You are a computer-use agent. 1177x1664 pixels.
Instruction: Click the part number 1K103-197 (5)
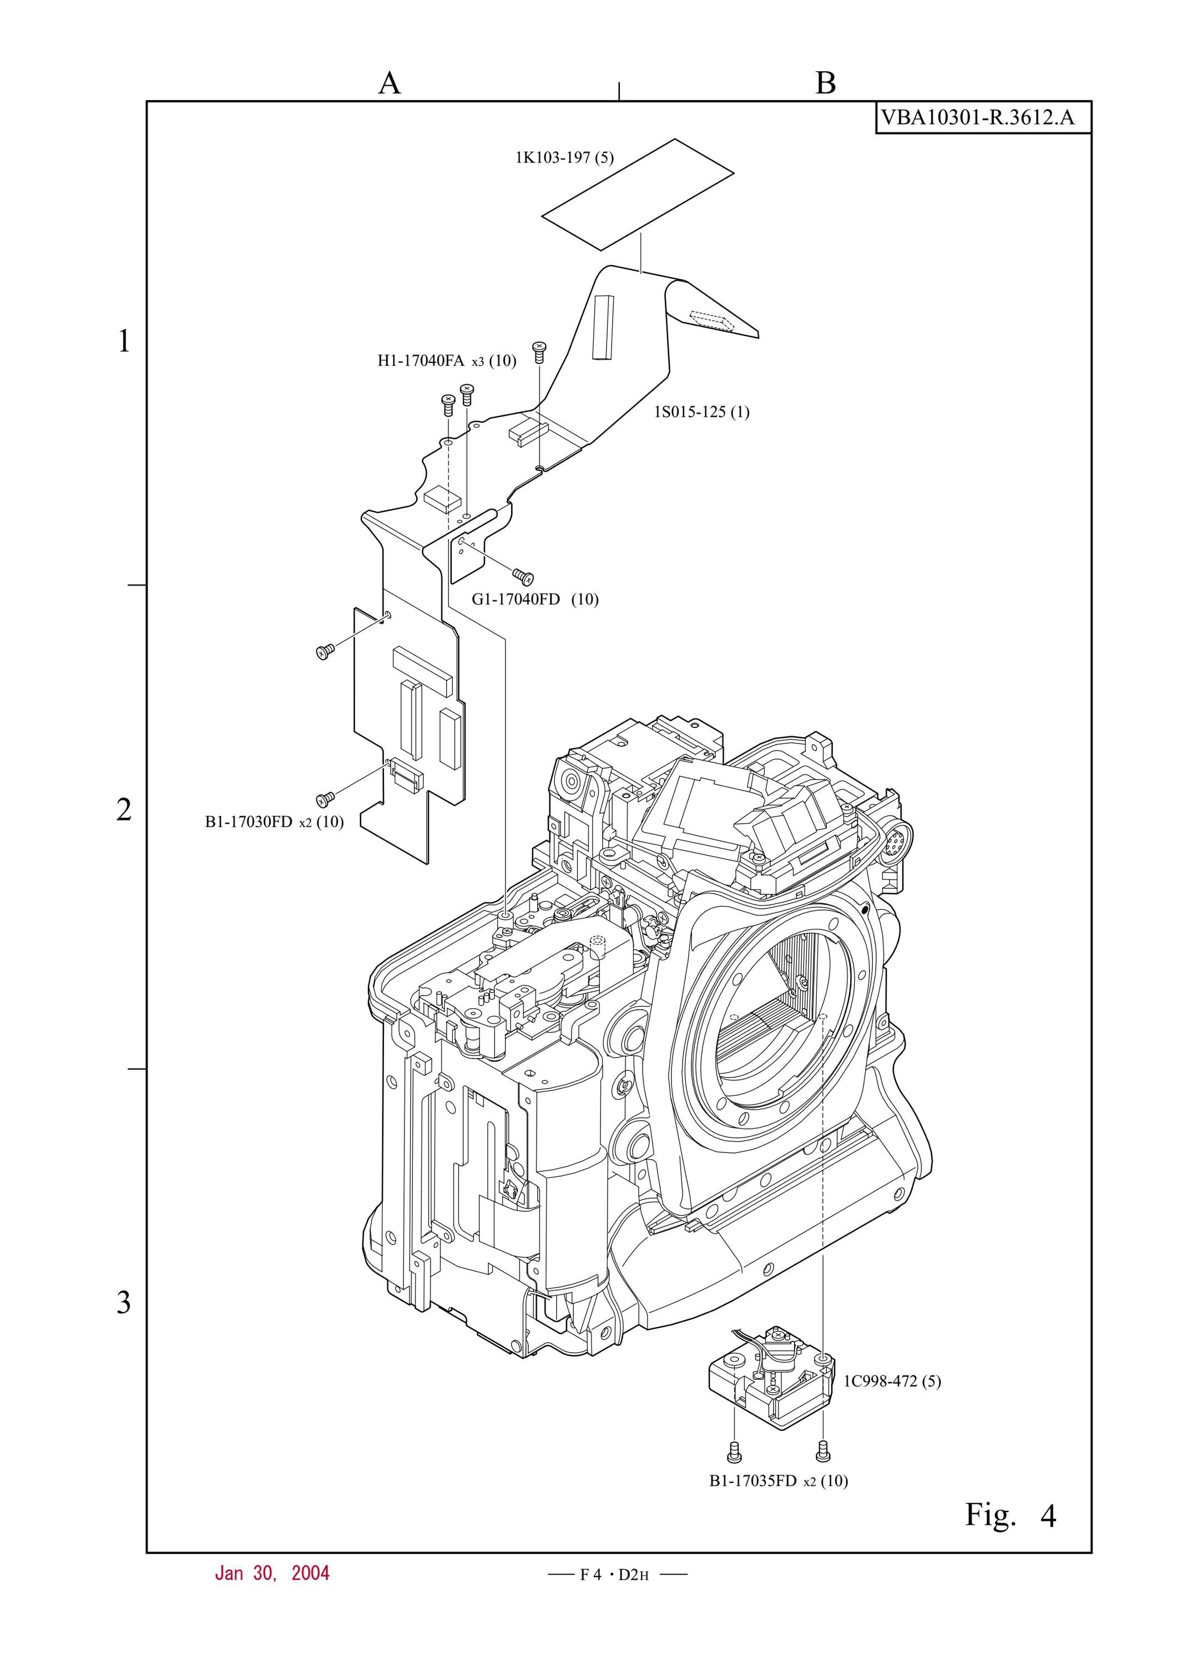tap(564, 158)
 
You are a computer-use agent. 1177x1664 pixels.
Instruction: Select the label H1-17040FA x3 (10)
tap(447, 361)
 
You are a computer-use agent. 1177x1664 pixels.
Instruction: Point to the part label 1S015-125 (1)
tap(701, 412)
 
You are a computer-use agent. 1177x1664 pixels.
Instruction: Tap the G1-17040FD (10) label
tap(536, 599)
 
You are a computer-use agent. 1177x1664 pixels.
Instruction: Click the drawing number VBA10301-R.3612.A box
tap(983, 118)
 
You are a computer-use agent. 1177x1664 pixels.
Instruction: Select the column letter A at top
tap(389, 83)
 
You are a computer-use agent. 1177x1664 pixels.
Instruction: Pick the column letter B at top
tap(826, 83)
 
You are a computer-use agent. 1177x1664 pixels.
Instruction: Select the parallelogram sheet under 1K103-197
tap(638, 194)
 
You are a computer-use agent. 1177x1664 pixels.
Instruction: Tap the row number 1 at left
tap(124, 341)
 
